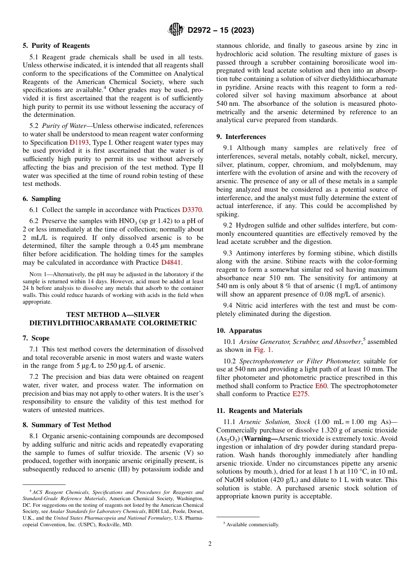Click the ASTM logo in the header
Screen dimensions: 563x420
pyautogui.click(x=176, y=30)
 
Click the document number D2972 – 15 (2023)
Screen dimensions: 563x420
pyautogui.click(x=221, y=31)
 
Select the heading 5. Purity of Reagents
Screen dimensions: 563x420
pyautogui.click(x=56, y=46)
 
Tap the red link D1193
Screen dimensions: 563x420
pyautogui.click(x=79, y=143)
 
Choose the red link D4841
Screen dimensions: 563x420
pyautogui.click(x=171, y=262)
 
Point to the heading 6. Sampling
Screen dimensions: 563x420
pyautogui.click(x=42, y=199)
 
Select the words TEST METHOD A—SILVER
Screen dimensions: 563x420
pyautogui.click(x=113, y=315)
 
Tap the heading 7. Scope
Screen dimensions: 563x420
pyautogui.click(x=36, y=338)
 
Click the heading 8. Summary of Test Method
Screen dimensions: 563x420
pyautogui.click(x=67, y=425)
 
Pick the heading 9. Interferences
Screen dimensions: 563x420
pyautogui.click(x=241, y=137)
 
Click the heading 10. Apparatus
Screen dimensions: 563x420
pyautogui.click(x=239, y=331)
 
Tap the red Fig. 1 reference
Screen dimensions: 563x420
pyautogui.click(x=263, y=350)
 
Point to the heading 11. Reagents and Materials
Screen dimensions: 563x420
pyautogui.click(x=260, y=411)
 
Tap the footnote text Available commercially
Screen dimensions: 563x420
pyautogui.click(x=252, y=524)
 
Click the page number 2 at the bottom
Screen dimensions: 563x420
pyautogui.click(x=210, y=544)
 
